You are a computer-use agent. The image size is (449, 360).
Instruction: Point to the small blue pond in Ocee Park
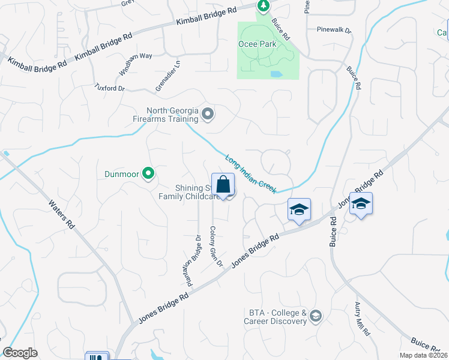[x=276, y=75]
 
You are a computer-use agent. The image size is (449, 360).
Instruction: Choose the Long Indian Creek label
[x=251, y=174]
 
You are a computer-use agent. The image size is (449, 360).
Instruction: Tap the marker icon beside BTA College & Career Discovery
[x=316, y=316]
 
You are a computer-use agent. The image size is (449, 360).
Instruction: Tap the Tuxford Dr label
[x=109, y=88]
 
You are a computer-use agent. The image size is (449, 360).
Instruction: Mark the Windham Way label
[x=135, y=64]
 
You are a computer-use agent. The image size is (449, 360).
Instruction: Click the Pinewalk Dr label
[x=334, y=29]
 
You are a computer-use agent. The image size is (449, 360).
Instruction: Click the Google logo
[x=20, y=353]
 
